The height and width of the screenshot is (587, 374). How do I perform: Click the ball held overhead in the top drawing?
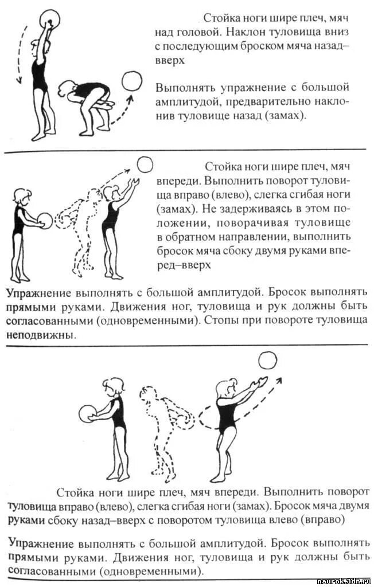(x=48, y=18)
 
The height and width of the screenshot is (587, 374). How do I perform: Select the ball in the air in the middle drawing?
(x=145, y=165)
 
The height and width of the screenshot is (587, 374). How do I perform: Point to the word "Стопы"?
(x=223, y=320)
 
